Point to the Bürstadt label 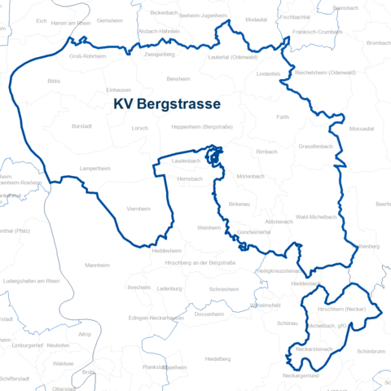click(82, 127)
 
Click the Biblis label click(54, 82)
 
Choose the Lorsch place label click(140, 128)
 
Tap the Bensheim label click(178, 79)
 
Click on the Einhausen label click(119, 91)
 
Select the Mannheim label click(97, 266)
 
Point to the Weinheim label click(209, 227)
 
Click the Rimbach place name click(266, 152)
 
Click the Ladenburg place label click(169, 288)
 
